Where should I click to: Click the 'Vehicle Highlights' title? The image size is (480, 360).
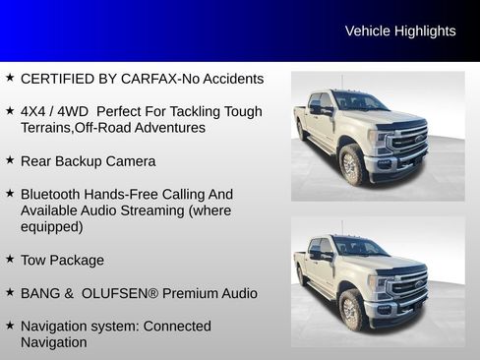pos(400,31)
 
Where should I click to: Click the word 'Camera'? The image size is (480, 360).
pos(132,160)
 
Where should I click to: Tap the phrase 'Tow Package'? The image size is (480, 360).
pos(62,260)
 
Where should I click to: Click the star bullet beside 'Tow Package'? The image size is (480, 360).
pos(10,259)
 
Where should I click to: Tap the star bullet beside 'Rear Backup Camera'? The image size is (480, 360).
pos(10,159)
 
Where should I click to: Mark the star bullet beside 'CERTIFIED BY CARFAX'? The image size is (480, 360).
pos(10,78)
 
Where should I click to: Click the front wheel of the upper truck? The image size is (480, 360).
pos(352,167)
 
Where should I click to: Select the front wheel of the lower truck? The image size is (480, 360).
pos(352,312)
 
